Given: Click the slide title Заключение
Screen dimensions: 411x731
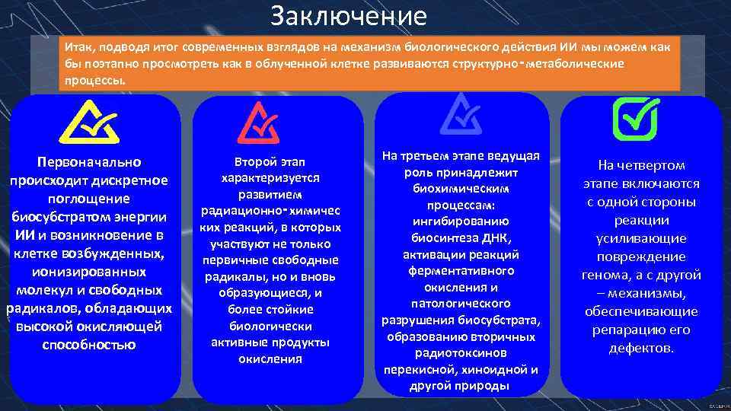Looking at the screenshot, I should tap(349, 16).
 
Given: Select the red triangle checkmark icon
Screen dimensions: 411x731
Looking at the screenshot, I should tap(260, 122).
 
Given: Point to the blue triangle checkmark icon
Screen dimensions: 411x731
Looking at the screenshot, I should tap(462, 115).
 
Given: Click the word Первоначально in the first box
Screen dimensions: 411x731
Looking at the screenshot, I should tap(89, 162).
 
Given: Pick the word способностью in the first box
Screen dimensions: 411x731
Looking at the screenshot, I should tap(89, 345).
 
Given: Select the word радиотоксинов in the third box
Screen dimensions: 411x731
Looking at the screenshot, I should tap(462, 353).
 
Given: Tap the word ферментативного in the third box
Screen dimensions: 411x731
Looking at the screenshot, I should tap(462, 271).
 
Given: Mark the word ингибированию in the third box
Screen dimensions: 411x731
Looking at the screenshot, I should tap(462, 221).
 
